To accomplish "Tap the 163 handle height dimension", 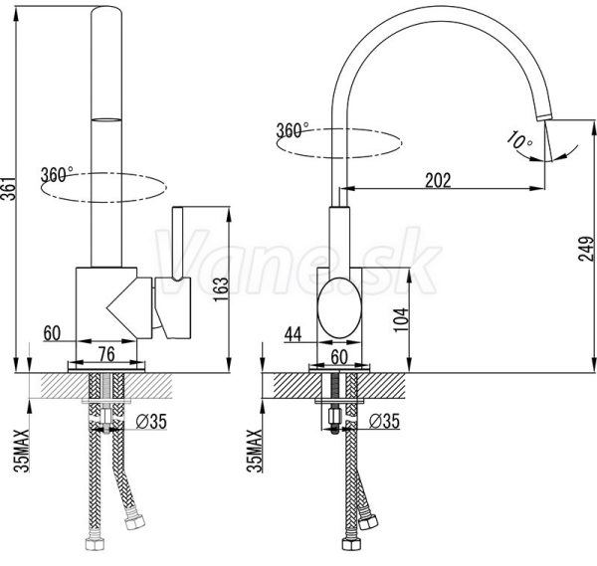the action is tap(221, 289).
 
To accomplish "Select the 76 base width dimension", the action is tap(106, 354).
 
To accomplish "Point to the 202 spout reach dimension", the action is tap(438, 180).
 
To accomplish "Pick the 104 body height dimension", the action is tap(401, 319).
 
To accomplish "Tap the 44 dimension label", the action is tap(294, 334).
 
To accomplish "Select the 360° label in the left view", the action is tap(57, 174).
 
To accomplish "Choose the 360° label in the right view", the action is tap(292, 130).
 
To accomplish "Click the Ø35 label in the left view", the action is tap(151, 422).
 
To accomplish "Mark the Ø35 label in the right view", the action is tap(384, 421).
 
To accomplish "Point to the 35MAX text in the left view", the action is tap(22, 451).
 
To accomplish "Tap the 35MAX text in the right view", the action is tap(255, 451).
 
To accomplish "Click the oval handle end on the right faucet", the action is tap(339, 307).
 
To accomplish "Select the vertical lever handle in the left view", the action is tap(178, 243).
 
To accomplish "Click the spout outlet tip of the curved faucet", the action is tap(543, 116).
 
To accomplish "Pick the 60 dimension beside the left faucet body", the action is tap(52, 333).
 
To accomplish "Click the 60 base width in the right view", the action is tap(339, 357).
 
